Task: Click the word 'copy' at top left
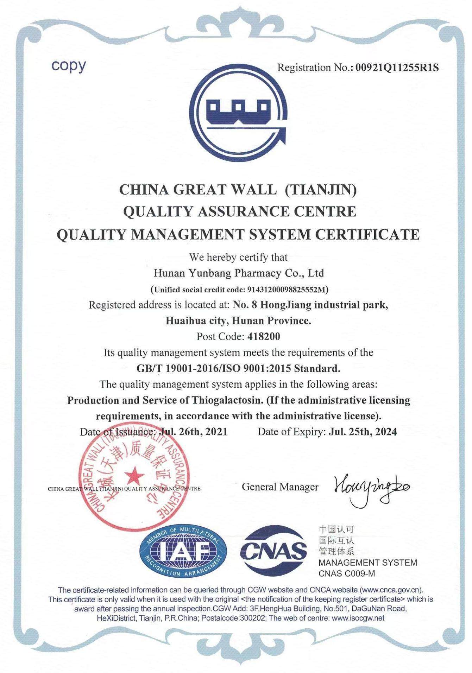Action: pos(69,66)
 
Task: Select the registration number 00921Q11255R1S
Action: pos(397,68)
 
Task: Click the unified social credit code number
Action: pos(287,290)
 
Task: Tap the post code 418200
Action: pos(264,337)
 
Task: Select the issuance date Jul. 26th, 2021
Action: pos(193,432)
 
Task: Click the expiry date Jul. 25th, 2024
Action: pos(363,432)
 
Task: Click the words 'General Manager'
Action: pos(280,487)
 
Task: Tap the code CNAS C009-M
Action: pos(347,573)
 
